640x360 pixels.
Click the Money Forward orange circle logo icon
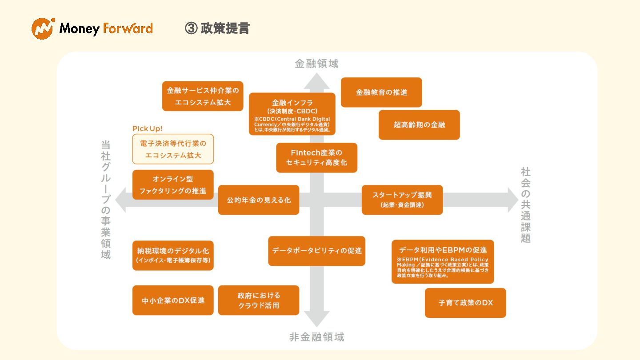(x=43, y=28)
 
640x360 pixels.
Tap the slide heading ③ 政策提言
(x=217, y=28)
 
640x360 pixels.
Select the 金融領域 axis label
(x=316, y=64)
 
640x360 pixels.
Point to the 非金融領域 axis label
(x=316, y=337)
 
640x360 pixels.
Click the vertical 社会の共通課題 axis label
(x=526, y=205)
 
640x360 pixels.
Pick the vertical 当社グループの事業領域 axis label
(x=106, y=200)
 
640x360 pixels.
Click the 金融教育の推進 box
(x=381, y=92)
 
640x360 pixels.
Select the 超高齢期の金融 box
(x=419, y=125)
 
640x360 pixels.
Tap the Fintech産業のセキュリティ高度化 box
(x=316, y=158)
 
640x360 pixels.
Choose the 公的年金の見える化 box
(x=259, y=200)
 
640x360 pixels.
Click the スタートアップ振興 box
(x=402, y=200)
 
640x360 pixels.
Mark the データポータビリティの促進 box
(x=317, y=251)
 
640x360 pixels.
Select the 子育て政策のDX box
(x=465, y=303)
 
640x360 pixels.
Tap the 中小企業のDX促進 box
(x=173, y=300)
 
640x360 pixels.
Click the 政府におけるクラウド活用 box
(x=259, y=300)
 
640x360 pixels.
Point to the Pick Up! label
(x=148, y=128)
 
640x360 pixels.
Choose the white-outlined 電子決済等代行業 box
(x=173, y=149)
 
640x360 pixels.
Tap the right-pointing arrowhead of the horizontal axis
(x=512, y=200)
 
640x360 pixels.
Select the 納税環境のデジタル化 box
(x=173, y=256)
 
